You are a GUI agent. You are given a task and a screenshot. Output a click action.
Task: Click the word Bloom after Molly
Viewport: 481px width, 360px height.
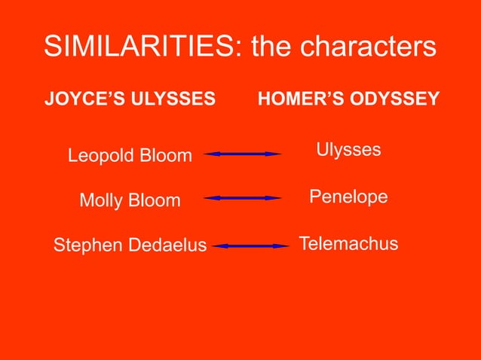[155, 201]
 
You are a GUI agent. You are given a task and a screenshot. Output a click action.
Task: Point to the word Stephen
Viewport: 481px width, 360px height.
[84, 246]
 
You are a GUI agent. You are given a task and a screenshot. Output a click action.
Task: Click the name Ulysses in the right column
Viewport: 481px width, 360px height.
[348, 150]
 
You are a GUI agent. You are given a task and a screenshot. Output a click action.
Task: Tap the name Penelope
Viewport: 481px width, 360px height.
[348, 197]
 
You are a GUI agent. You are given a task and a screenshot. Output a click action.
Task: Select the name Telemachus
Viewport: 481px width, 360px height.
[348, 245]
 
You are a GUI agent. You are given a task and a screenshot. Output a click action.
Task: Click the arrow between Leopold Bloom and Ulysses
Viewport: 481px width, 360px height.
[243, 154]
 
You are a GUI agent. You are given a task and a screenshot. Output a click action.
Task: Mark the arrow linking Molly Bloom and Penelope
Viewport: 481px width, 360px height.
[243, 198]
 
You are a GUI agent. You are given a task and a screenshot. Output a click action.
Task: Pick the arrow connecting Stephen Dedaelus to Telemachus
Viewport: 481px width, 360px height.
[251, 246]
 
